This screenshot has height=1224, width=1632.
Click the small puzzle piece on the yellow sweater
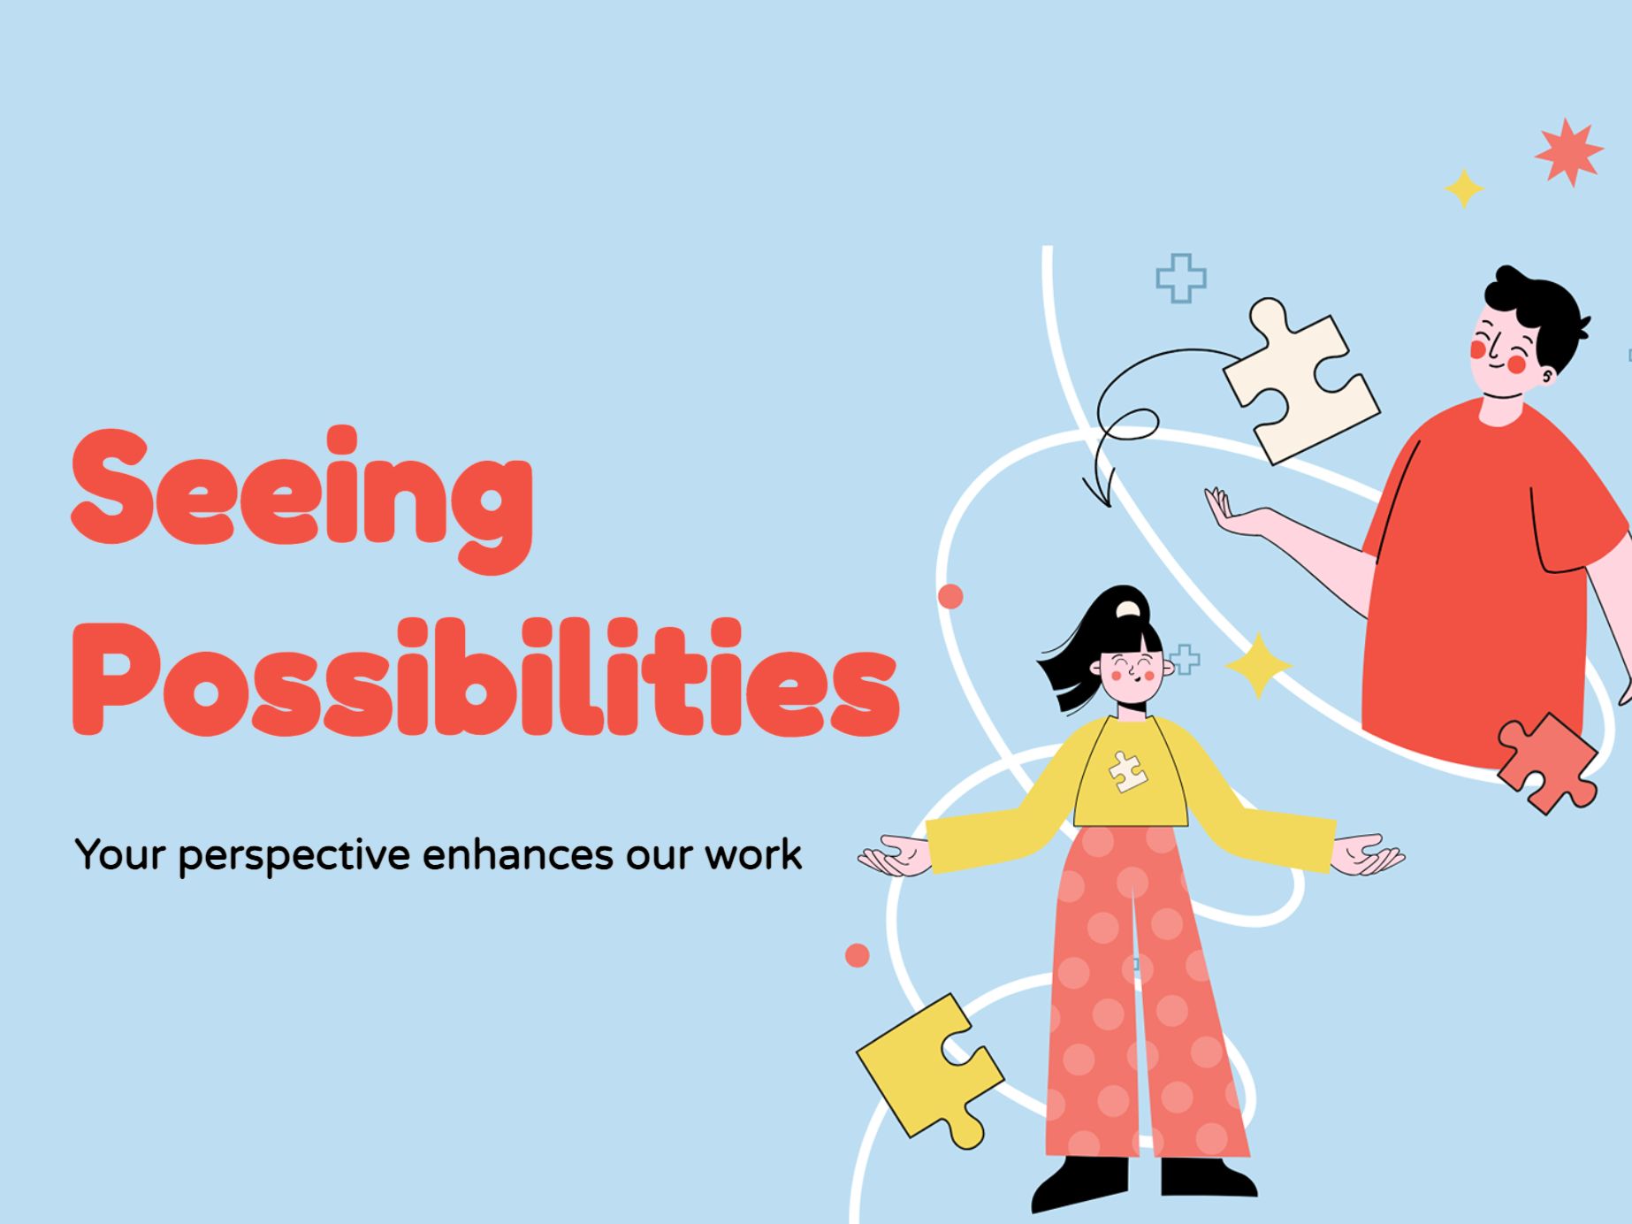point(1127,771)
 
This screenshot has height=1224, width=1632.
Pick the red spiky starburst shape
point(1568,152)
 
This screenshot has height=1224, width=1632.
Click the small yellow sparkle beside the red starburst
point(1463,188)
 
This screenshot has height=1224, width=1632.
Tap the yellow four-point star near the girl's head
point(1258,665)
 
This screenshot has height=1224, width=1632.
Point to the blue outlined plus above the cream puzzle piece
point(1180,279)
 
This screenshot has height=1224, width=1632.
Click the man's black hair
point(1538,310)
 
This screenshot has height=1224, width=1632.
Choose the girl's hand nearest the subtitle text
point(893,855)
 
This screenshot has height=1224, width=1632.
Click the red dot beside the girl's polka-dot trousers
point(857,955)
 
